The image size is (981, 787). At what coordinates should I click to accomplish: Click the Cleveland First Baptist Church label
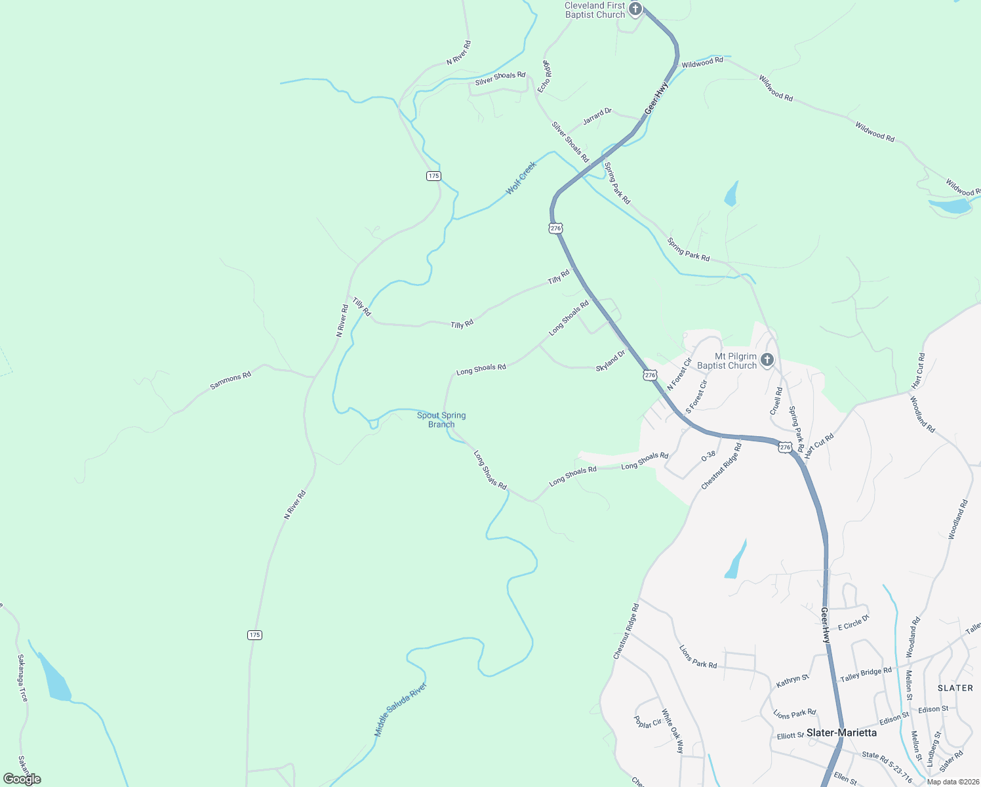click(595, 10)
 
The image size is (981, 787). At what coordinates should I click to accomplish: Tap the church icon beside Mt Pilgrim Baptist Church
click(767, 359)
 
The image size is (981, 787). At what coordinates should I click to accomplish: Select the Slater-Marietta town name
click(841, 733)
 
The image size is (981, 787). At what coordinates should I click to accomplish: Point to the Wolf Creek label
click(521, 178)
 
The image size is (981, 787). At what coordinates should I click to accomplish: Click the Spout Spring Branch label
click(441, 420)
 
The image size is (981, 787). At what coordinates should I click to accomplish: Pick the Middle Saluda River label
click(400, 710)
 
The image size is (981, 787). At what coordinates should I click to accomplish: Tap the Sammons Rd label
click(231, 380)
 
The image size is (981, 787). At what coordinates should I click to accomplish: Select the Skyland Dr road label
click(611, 361)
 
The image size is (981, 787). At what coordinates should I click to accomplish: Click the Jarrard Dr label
click(597, 116)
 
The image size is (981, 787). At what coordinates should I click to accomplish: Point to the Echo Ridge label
click(545, 76)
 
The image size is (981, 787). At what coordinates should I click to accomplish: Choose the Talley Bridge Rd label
click(866, 674)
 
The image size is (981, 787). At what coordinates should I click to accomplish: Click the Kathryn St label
click(792, 681)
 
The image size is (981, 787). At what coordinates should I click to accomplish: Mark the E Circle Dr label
click(853, 622)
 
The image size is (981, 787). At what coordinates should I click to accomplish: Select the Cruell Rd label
click(776, 400)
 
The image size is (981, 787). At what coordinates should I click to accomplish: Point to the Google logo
click(22, 778)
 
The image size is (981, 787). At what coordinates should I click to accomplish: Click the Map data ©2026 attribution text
click(952, 781)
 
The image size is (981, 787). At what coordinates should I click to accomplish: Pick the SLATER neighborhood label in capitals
click(955, 688)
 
